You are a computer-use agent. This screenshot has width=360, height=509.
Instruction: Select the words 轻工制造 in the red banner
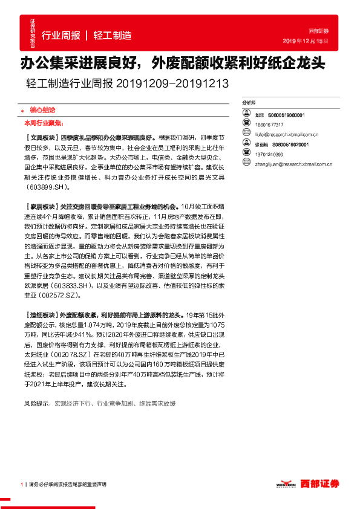click(x=112, y=36)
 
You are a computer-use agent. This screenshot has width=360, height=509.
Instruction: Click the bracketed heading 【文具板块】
click(x=42, y=137)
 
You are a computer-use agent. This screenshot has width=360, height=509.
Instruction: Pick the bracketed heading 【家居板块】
click(x=42, y=206)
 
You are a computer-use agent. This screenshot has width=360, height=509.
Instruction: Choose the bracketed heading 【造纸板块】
click(x=42, y=314)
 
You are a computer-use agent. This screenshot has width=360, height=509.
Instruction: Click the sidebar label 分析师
click(x=249, y=103)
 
